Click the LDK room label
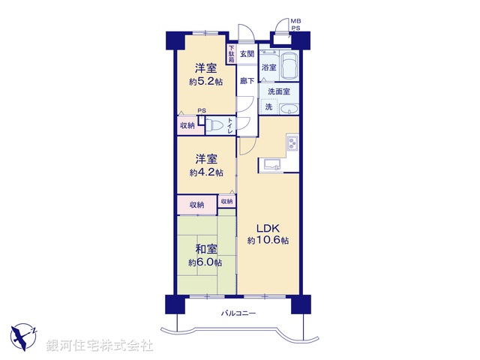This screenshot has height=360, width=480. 268,229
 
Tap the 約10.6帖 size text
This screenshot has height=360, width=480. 268,241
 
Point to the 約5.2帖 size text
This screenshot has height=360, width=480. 205,82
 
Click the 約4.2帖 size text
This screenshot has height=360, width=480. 205,172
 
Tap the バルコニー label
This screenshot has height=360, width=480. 238,313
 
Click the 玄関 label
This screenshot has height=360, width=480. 247,53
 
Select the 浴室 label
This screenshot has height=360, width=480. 268,67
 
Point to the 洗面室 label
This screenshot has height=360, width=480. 280,91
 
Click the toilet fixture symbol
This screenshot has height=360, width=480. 214,125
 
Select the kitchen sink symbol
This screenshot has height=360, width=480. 271,165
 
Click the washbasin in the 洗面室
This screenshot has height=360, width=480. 289,109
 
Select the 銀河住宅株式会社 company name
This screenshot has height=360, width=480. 100,346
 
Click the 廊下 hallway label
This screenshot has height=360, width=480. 247,80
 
